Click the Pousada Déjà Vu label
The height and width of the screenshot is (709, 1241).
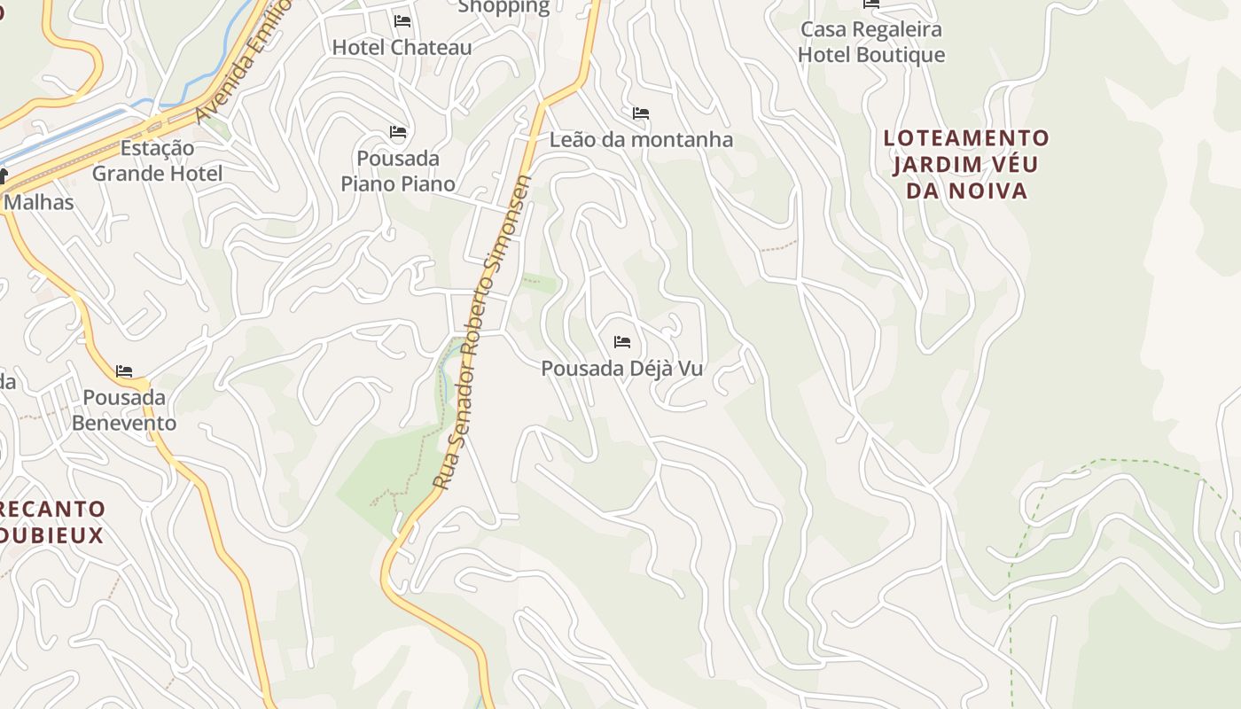click(x=621, y=368)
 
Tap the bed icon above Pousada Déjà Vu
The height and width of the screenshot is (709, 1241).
click(x=622, y=341)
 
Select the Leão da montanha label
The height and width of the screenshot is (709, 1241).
click(x=641, y=139)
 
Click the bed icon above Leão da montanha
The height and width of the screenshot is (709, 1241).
click(x=641, y=113)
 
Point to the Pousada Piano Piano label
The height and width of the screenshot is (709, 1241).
click(x=398, y=171)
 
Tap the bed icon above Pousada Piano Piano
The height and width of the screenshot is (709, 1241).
click(x=398, y=132)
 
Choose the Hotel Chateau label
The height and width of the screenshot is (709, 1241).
click(x=402, y=47)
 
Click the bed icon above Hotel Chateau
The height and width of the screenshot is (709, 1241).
click(x=402, y=20)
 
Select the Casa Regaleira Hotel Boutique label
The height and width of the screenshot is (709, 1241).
click(x=870, y=42)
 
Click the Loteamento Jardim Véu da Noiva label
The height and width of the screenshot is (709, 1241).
click(x=966, y=164)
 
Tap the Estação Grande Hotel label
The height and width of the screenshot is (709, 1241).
click(x=157, y=160)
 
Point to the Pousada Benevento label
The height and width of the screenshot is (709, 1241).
click(x=124, y=409)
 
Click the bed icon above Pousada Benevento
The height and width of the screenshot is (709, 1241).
click(x=124, y=370)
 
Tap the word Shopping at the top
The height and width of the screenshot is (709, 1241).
click(x=503, y=7)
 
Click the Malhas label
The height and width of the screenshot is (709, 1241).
click(x=39, y=202)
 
